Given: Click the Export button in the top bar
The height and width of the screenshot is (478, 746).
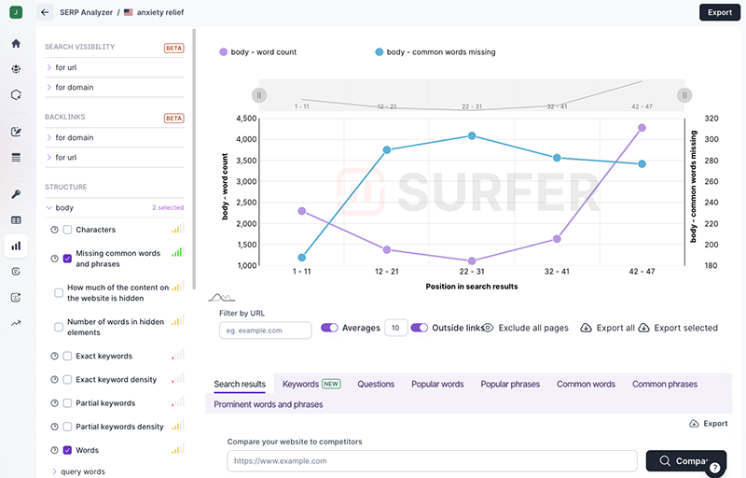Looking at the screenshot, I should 719,12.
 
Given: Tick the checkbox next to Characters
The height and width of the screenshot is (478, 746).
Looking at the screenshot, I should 67,230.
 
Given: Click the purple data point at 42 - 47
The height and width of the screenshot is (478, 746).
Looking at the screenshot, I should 642,128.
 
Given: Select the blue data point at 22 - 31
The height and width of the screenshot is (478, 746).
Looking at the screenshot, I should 472,135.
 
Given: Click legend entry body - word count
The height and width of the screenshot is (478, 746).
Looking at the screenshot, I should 256,52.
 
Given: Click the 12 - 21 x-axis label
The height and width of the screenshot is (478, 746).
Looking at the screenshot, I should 387,272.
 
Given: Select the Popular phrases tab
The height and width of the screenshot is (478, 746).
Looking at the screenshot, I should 510,384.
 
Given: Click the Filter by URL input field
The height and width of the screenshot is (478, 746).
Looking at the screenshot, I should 265,330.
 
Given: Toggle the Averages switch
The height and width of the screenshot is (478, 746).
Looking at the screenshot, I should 329,328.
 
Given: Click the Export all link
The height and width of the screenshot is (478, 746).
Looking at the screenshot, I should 607,328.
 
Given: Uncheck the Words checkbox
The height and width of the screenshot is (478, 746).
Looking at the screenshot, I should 67,450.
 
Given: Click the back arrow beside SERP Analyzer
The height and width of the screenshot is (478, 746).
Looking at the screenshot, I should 45,13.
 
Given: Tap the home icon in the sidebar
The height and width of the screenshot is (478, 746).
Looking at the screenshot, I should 16,43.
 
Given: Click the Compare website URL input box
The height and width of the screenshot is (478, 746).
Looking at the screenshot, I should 432,460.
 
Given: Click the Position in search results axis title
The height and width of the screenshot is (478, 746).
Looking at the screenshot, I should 471,287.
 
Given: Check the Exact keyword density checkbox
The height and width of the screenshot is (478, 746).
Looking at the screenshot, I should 67,380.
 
